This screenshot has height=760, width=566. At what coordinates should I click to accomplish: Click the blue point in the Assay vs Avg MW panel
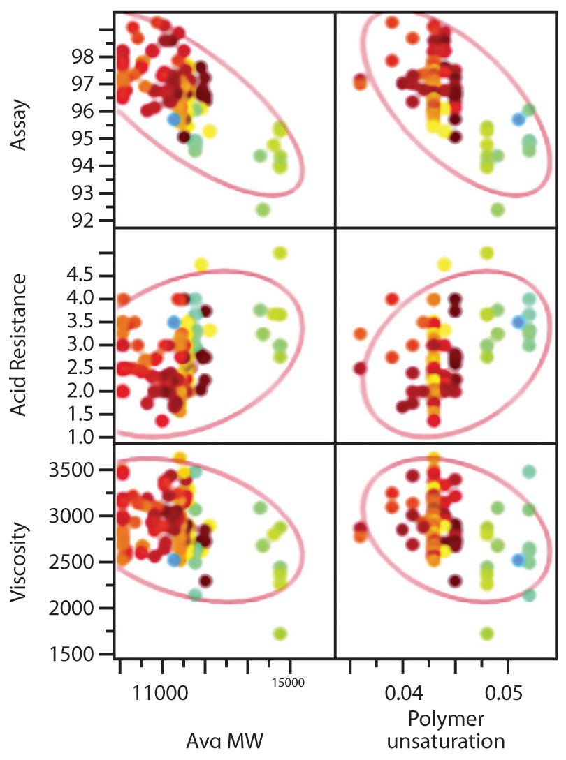(174, 119)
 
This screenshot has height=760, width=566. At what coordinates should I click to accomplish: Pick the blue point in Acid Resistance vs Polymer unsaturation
(518, 322)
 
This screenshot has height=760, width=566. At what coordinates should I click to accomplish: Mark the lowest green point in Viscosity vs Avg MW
(280, 633)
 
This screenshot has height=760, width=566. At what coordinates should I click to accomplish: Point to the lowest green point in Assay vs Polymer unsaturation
(498, 209)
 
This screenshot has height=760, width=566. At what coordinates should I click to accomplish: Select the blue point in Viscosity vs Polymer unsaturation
(518, 559)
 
